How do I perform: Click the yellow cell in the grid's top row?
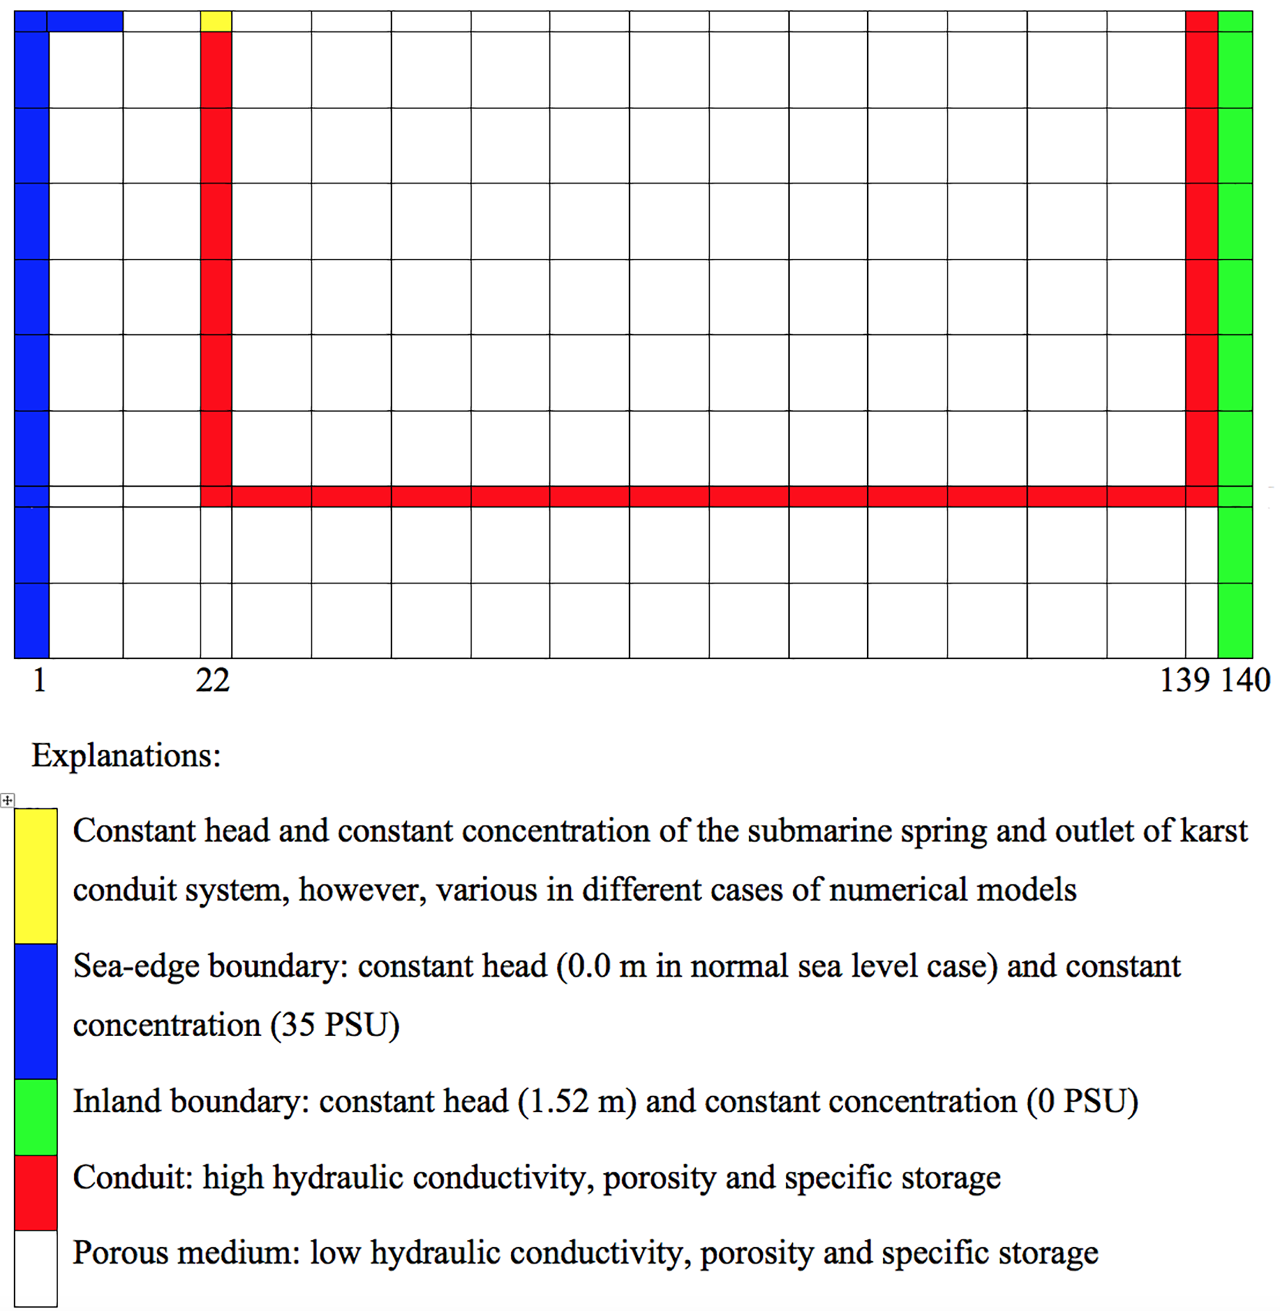click(216, 22)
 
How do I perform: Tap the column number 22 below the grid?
click(212, 681)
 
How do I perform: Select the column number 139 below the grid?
click(1185, 681)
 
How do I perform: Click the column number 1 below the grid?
click(40, 681)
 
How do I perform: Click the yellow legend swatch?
click(36, 876)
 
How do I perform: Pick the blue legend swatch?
click(36, 1011)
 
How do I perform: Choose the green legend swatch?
click(36, 1117)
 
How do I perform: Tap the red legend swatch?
click(36, 1192)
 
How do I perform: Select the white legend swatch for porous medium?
click(36, 1268)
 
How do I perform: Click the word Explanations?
click(126, 756)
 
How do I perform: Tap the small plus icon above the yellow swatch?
click(7, 800)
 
